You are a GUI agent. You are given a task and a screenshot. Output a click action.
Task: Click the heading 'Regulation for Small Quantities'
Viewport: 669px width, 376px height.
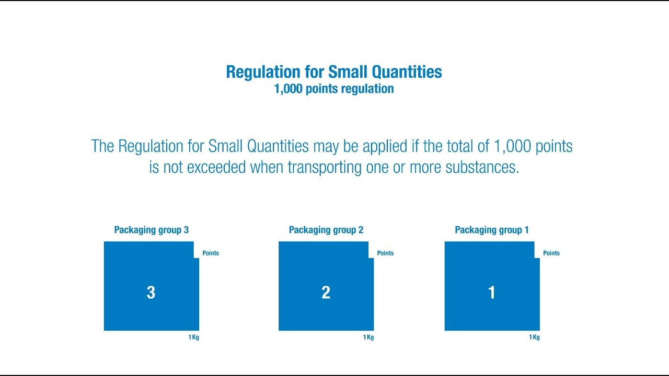pos(334,72)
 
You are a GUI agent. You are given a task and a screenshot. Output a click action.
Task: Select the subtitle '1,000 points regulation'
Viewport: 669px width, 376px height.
pos(334,89)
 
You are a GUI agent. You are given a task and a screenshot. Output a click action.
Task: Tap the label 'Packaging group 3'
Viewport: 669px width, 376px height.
pos(152,230)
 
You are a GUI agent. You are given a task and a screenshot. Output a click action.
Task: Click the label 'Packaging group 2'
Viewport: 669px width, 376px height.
pos(326,230)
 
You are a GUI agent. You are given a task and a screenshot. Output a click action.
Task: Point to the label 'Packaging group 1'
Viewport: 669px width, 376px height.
pos(492,230)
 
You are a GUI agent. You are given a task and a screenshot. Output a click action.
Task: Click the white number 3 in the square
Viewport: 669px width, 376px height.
pos(151,292)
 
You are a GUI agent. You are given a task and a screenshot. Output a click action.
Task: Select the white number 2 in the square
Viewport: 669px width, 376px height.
pos(326,292)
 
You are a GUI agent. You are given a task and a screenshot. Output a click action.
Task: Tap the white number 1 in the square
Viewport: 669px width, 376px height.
pos(492,292)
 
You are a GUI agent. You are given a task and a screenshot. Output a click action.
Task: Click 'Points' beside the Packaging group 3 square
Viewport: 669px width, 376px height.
pos(211,253)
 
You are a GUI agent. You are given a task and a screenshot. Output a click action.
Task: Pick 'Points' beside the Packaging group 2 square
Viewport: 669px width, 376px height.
pos(385,253)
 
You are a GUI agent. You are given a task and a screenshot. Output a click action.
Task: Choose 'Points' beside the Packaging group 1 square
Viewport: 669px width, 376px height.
pos(551,253)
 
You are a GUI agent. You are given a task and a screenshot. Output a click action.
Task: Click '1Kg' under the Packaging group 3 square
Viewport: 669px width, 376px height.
pos(193,337)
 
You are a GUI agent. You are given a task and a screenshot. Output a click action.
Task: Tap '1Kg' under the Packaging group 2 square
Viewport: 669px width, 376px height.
pos(368,337)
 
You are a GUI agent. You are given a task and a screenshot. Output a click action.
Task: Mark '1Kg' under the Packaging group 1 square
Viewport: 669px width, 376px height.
pos(534,337)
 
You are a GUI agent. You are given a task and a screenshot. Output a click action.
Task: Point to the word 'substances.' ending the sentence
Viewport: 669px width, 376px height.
pos(482,167)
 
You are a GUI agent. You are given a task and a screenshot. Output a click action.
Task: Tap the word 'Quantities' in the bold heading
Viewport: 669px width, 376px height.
pos(407,72)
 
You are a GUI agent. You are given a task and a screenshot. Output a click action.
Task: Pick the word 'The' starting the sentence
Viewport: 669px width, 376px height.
pos(102,146)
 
